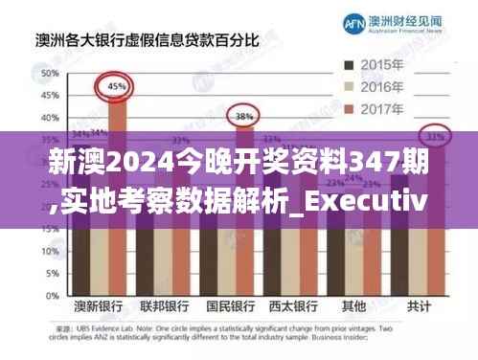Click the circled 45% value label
[x=116, y=87]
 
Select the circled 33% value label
[x=436, y=137]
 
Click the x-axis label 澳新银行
[x=100, y=309]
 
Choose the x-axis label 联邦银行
[x=164, y=309]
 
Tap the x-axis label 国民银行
[x=230, y=309]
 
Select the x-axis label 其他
[x=353, y=309]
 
